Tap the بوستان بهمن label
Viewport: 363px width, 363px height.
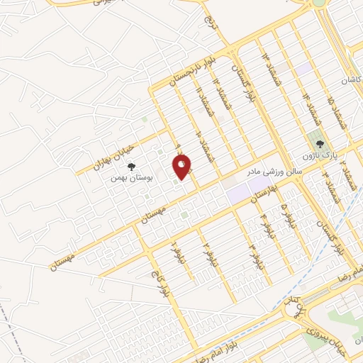coord(128,178)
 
